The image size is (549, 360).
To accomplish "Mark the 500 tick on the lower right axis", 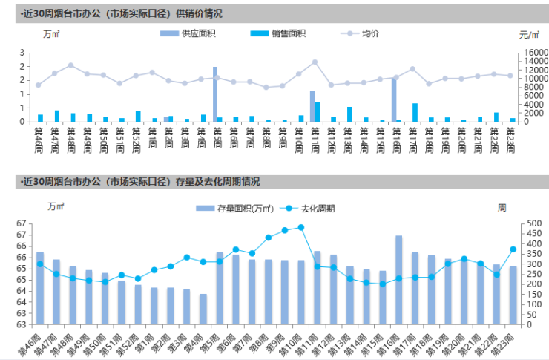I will pyautogui.click(x=530, y=223).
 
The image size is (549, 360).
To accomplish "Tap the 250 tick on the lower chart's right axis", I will pyautogui.click(x=530, y=274).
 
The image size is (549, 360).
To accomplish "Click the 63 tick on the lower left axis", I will pyautogui.click(x=20, y=324).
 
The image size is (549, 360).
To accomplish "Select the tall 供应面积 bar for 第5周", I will pyautogui.click(x=215, y=94).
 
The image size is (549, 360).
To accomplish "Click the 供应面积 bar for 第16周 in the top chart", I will pyautogui.click(x=394, y=99).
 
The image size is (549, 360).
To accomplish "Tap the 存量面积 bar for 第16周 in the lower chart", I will pyautogui.click(x=399, y=280).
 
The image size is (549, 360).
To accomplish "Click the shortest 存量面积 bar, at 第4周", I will pyautogui.click(x=203, y=309).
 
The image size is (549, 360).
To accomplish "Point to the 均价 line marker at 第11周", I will pyautogui.click(x=315, y=62).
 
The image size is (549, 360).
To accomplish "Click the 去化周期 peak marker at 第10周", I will pyautogui.click(x=301, y=227).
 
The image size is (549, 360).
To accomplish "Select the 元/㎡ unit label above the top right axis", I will pyautogui.click(x=529, y=34).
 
